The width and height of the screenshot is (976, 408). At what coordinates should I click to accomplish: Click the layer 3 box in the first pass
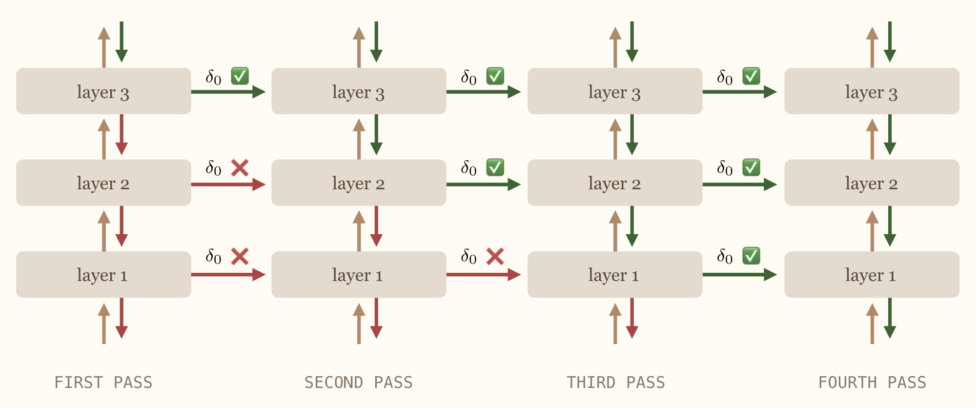(x=103, y=91)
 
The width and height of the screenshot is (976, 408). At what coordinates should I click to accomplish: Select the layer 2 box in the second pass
(x=359, y=183)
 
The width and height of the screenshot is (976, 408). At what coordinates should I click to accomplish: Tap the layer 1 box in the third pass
(x=614, y=275)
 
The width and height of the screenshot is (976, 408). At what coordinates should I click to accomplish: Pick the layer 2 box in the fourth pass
(x=872, y=183)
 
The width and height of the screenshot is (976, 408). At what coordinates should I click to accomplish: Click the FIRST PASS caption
(x=103, y=382)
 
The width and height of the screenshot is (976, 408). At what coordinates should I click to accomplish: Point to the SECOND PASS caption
(x=359, y=382)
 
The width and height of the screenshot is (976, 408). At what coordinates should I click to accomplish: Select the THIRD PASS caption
(x=615, y=382)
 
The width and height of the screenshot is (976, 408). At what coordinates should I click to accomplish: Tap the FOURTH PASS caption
(x=872, y=382)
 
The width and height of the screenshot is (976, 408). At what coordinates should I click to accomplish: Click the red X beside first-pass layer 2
(x=240, y=168)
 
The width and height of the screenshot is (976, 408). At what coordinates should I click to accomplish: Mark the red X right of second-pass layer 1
(x=495, y=256)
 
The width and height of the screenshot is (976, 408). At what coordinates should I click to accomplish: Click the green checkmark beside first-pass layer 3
(x=240, y=76)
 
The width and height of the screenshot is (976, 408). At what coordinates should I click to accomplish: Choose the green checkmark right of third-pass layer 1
(x=751, y=256)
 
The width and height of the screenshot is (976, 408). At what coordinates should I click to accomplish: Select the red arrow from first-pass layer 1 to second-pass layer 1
(x=227, y=275)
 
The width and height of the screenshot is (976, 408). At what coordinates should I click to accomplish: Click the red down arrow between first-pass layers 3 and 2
(x=122, y=135)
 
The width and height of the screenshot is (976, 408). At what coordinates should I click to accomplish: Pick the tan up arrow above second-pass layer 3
(x=359, y=48)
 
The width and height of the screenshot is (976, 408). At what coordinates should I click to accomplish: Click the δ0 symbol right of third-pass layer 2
(x=725, y=168)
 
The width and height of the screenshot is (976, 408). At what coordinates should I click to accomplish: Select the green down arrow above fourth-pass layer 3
(x=890, y=41)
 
